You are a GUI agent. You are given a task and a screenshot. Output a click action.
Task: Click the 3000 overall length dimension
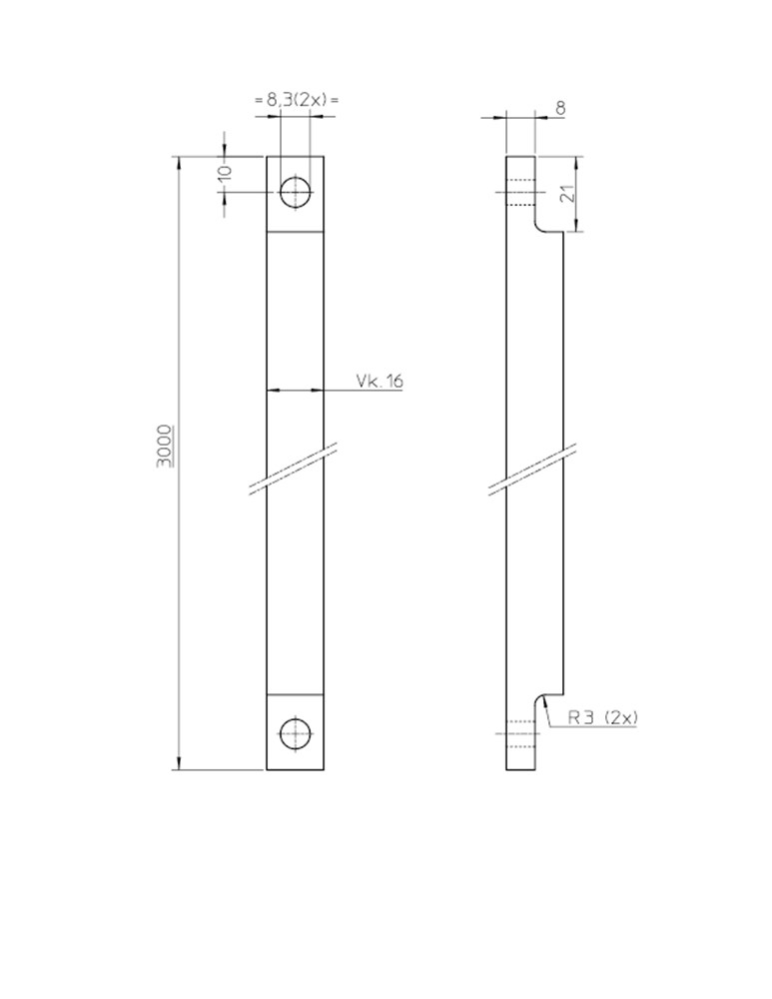(165, 446)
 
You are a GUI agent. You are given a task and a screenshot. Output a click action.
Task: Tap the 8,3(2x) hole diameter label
(297, 100)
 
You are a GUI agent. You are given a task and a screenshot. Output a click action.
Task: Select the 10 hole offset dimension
(226, 172)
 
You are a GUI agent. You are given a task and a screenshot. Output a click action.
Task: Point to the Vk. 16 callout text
(379, 381)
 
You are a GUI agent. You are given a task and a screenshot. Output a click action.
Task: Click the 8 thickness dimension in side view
(560, 108)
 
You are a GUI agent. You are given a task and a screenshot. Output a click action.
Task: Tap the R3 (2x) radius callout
(602, 717)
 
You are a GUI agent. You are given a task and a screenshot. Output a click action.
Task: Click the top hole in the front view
(296, 192)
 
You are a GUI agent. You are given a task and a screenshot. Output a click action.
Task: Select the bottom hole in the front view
(296, 733)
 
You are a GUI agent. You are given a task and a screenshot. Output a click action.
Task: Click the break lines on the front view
(293, 469)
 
